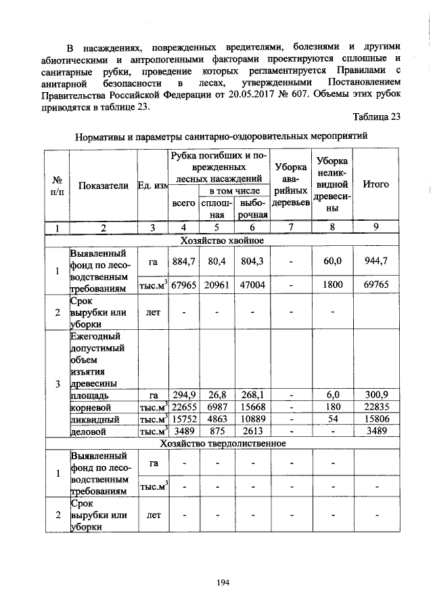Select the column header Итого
376,184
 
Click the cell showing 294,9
183,394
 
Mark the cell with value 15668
252,406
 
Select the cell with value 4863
216,419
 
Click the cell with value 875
216,431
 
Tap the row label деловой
88,431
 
